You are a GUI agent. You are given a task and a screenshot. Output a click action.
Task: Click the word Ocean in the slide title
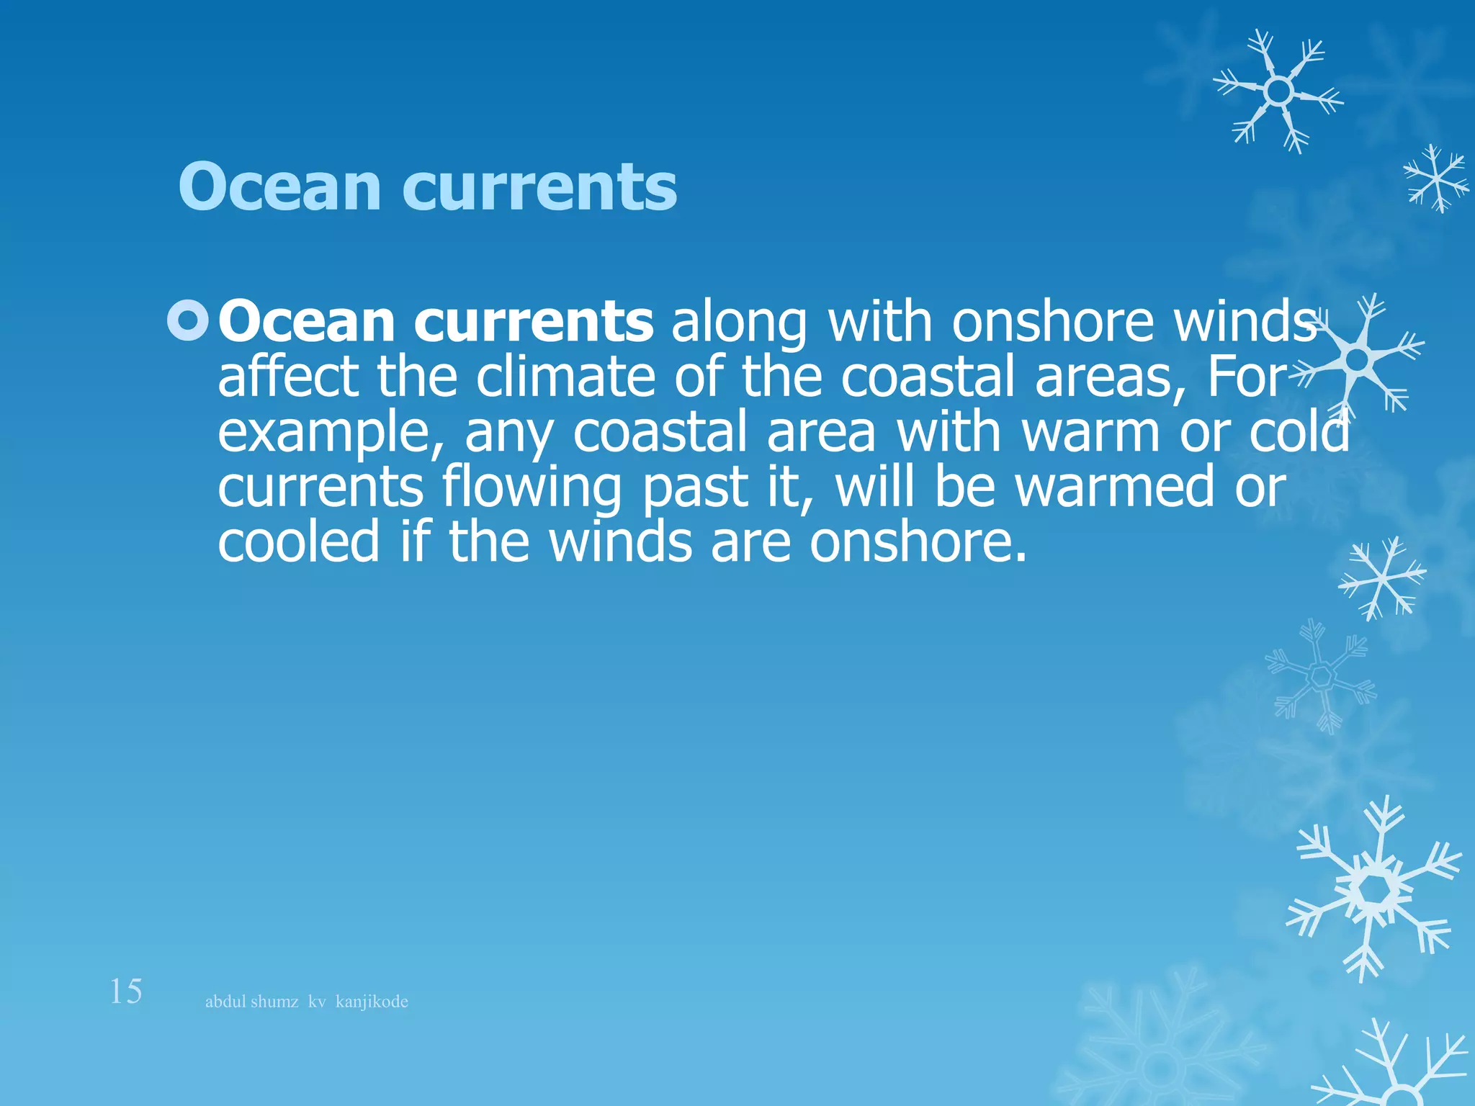pos(279,187)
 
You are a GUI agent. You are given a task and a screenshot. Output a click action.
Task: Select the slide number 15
pos(125,992)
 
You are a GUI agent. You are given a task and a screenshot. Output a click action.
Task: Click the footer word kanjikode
pos(372,1002)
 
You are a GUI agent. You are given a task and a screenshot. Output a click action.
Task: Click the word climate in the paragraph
pos(565,377)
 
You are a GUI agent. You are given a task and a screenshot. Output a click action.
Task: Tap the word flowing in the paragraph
pos(532,488)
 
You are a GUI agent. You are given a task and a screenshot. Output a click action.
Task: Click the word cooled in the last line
pos(298,542)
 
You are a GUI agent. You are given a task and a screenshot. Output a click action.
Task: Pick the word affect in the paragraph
pos(288,377)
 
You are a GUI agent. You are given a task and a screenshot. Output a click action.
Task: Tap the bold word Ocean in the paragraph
pos(306,322)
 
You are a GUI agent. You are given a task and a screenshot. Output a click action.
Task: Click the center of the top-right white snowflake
pos(1278,91)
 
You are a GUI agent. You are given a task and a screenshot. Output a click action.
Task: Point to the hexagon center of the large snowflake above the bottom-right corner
pos(1376,891)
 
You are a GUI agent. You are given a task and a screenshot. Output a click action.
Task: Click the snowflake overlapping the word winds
pos(1357,359)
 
